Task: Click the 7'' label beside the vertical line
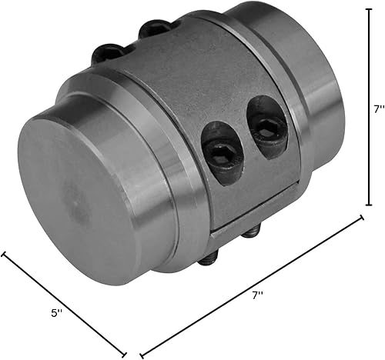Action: click(x=376, y=109)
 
